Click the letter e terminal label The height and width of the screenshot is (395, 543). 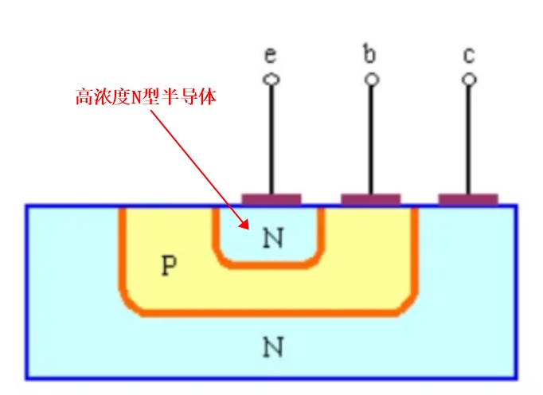[271, 55]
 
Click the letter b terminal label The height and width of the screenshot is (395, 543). [369, 53]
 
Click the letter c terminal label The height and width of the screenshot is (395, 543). [469, 56]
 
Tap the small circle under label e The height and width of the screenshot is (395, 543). [271, 80]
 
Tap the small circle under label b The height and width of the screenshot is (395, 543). [372, 80]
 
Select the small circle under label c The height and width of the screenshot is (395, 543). [469, 80]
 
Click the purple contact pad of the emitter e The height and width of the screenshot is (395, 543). [271, 200]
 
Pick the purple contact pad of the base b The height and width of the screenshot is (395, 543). [371, 200]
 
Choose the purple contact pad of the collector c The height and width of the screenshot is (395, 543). [468, 200]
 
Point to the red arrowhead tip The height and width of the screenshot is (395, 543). [248, 229]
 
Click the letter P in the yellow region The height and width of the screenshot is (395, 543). [170, 265]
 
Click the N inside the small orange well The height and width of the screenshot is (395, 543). [273, 237]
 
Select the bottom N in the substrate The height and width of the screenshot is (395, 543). [273, 346]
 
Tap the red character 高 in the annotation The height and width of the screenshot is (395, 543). [84, 96]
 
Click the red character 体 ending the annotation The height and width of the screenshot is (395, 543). [208, 96]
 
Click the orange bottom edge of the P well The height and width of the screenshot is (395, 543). [269, 313]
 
